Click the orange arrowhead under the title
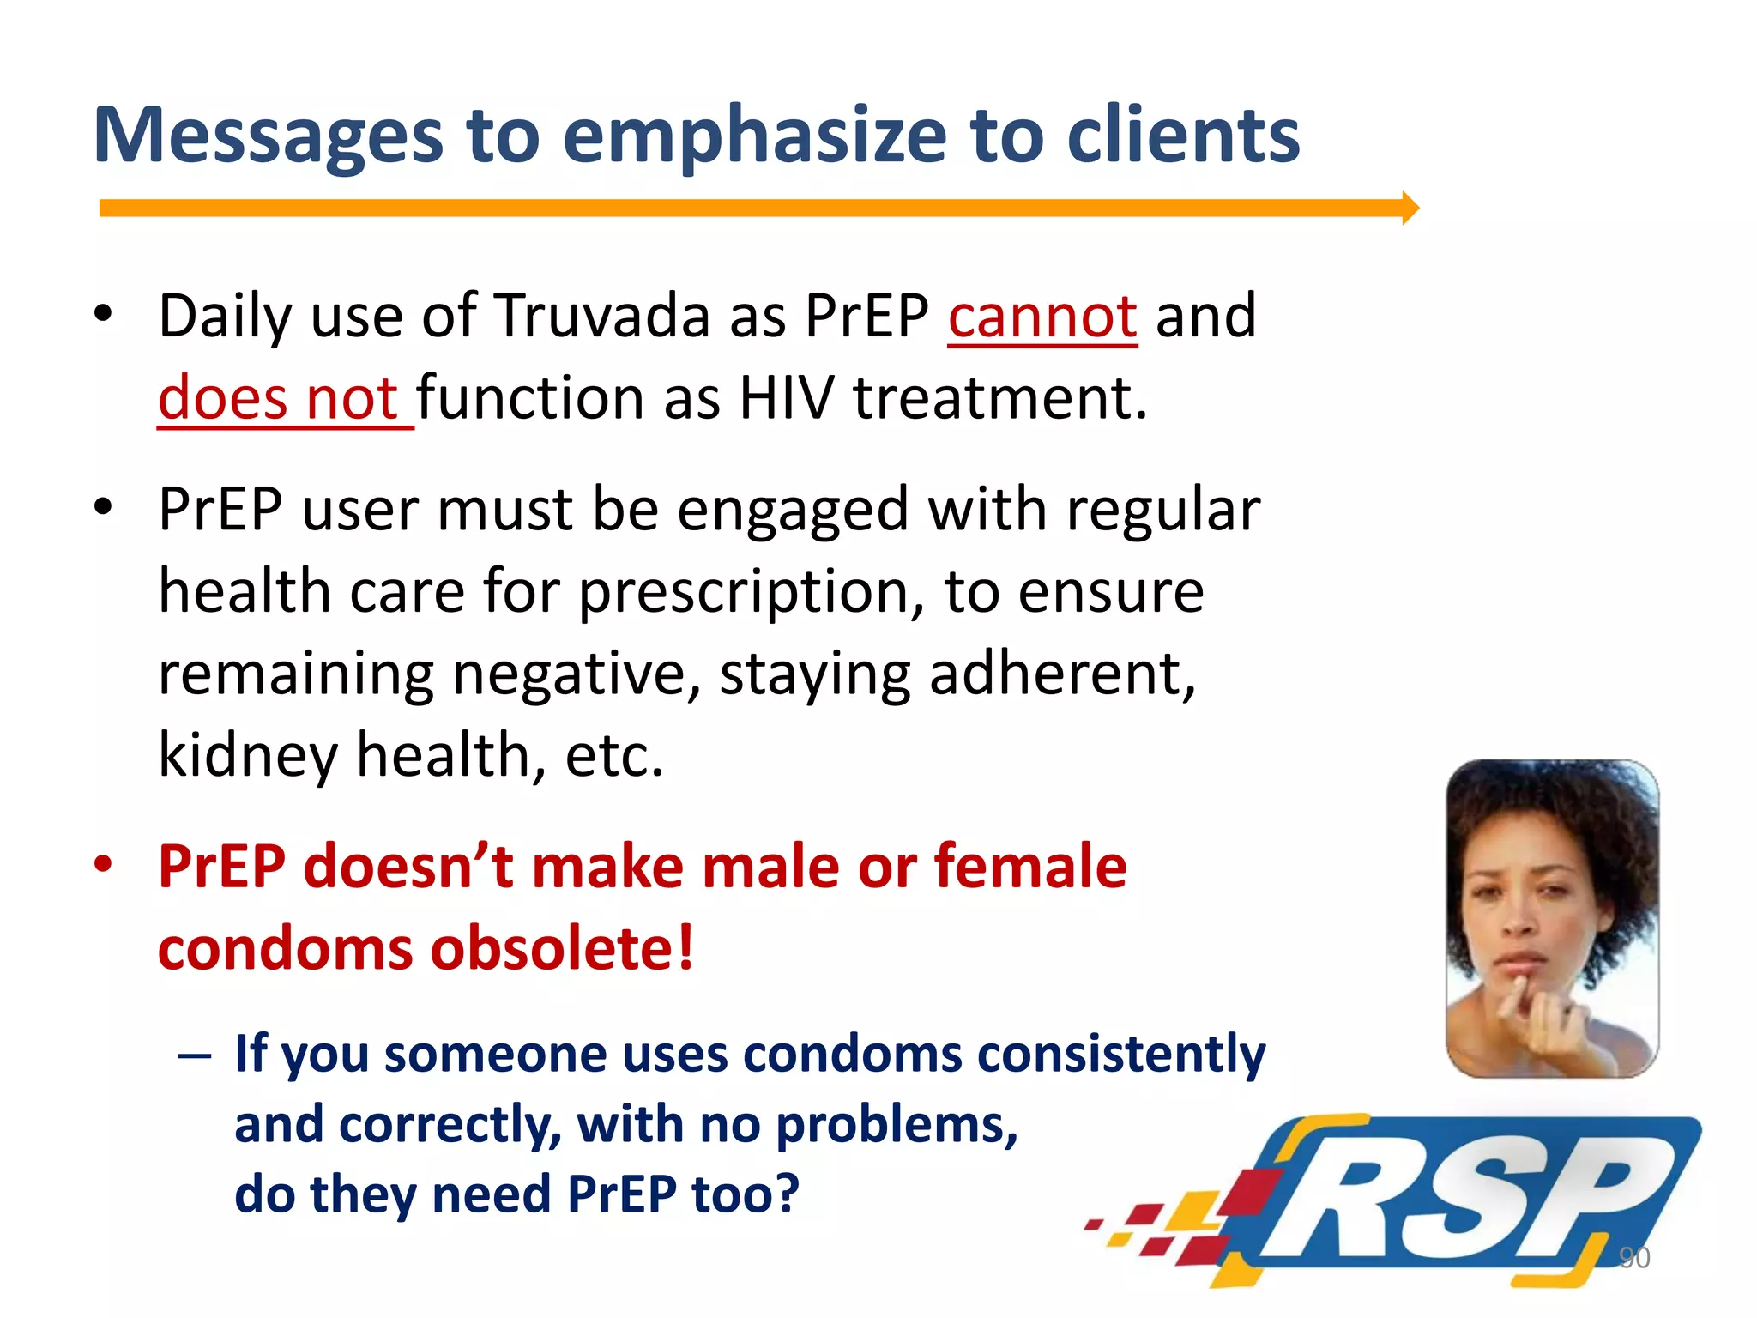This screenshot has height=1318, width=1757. pyautogui.click(x=1410, y=209)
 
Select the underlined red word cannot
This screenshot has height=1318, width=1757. pyautogui.click(x=1042, y=317)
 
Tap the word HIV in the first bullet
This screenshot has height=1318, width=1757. pyautogui.click(x=785, y=399)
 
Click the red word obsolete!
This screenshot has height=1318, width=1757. pyautogui.click(x=562, y=949)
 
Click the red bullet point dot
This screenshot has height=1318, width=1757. pyautogui.click(x=103, y=865)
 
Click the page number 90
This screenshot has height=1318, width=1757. pyautogui.click(x=1633, y=1258)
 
